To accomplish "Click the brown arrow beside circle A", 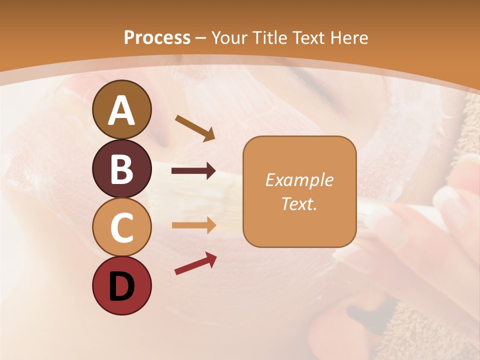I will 195,127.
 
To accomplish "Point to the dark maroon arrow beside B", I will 193,171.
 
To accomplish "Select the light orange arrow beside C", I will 193,225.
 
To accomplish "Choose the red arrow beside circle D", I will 195,263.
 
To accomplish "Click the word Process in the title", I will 157,37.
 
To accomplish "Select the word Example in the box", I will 299,180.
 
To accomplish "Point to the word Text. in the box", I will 299,203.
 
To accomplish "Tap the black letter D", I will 121,287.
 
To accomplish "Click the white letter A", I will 121,110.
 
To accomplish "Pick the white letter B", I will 121,169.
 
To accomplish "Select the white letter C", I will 121,227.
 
